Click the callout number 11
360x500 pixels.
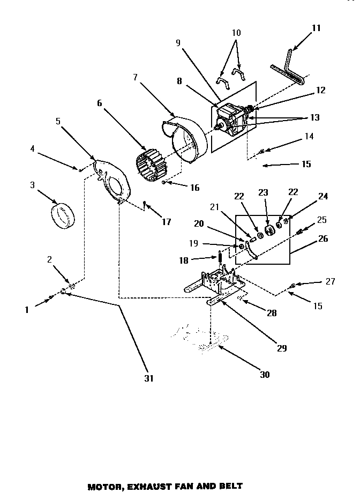coord(316,28)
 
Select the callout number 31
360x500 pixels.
coord(149,378)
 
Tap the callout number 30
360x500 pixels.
coord(264,375)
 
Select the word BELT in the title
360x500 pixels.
coord(230,487)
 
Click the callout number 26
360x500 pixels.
coord(322,238)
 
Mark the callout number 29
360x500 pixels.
coord(282,348)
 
